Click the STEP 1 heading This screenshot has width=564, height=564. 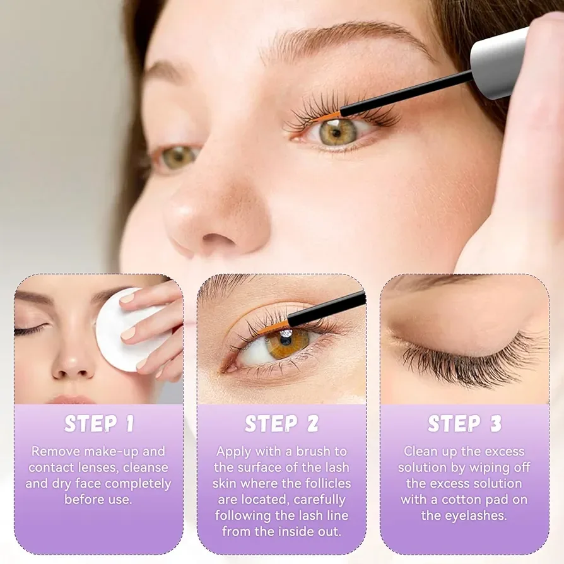coord(99,424)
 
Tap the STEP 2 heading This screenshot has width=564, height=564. coord(281,424)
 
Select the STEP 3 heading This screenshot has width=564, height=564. coord(464,424)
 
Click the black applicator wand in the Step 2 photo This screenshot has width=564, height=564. coord(328,309)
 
